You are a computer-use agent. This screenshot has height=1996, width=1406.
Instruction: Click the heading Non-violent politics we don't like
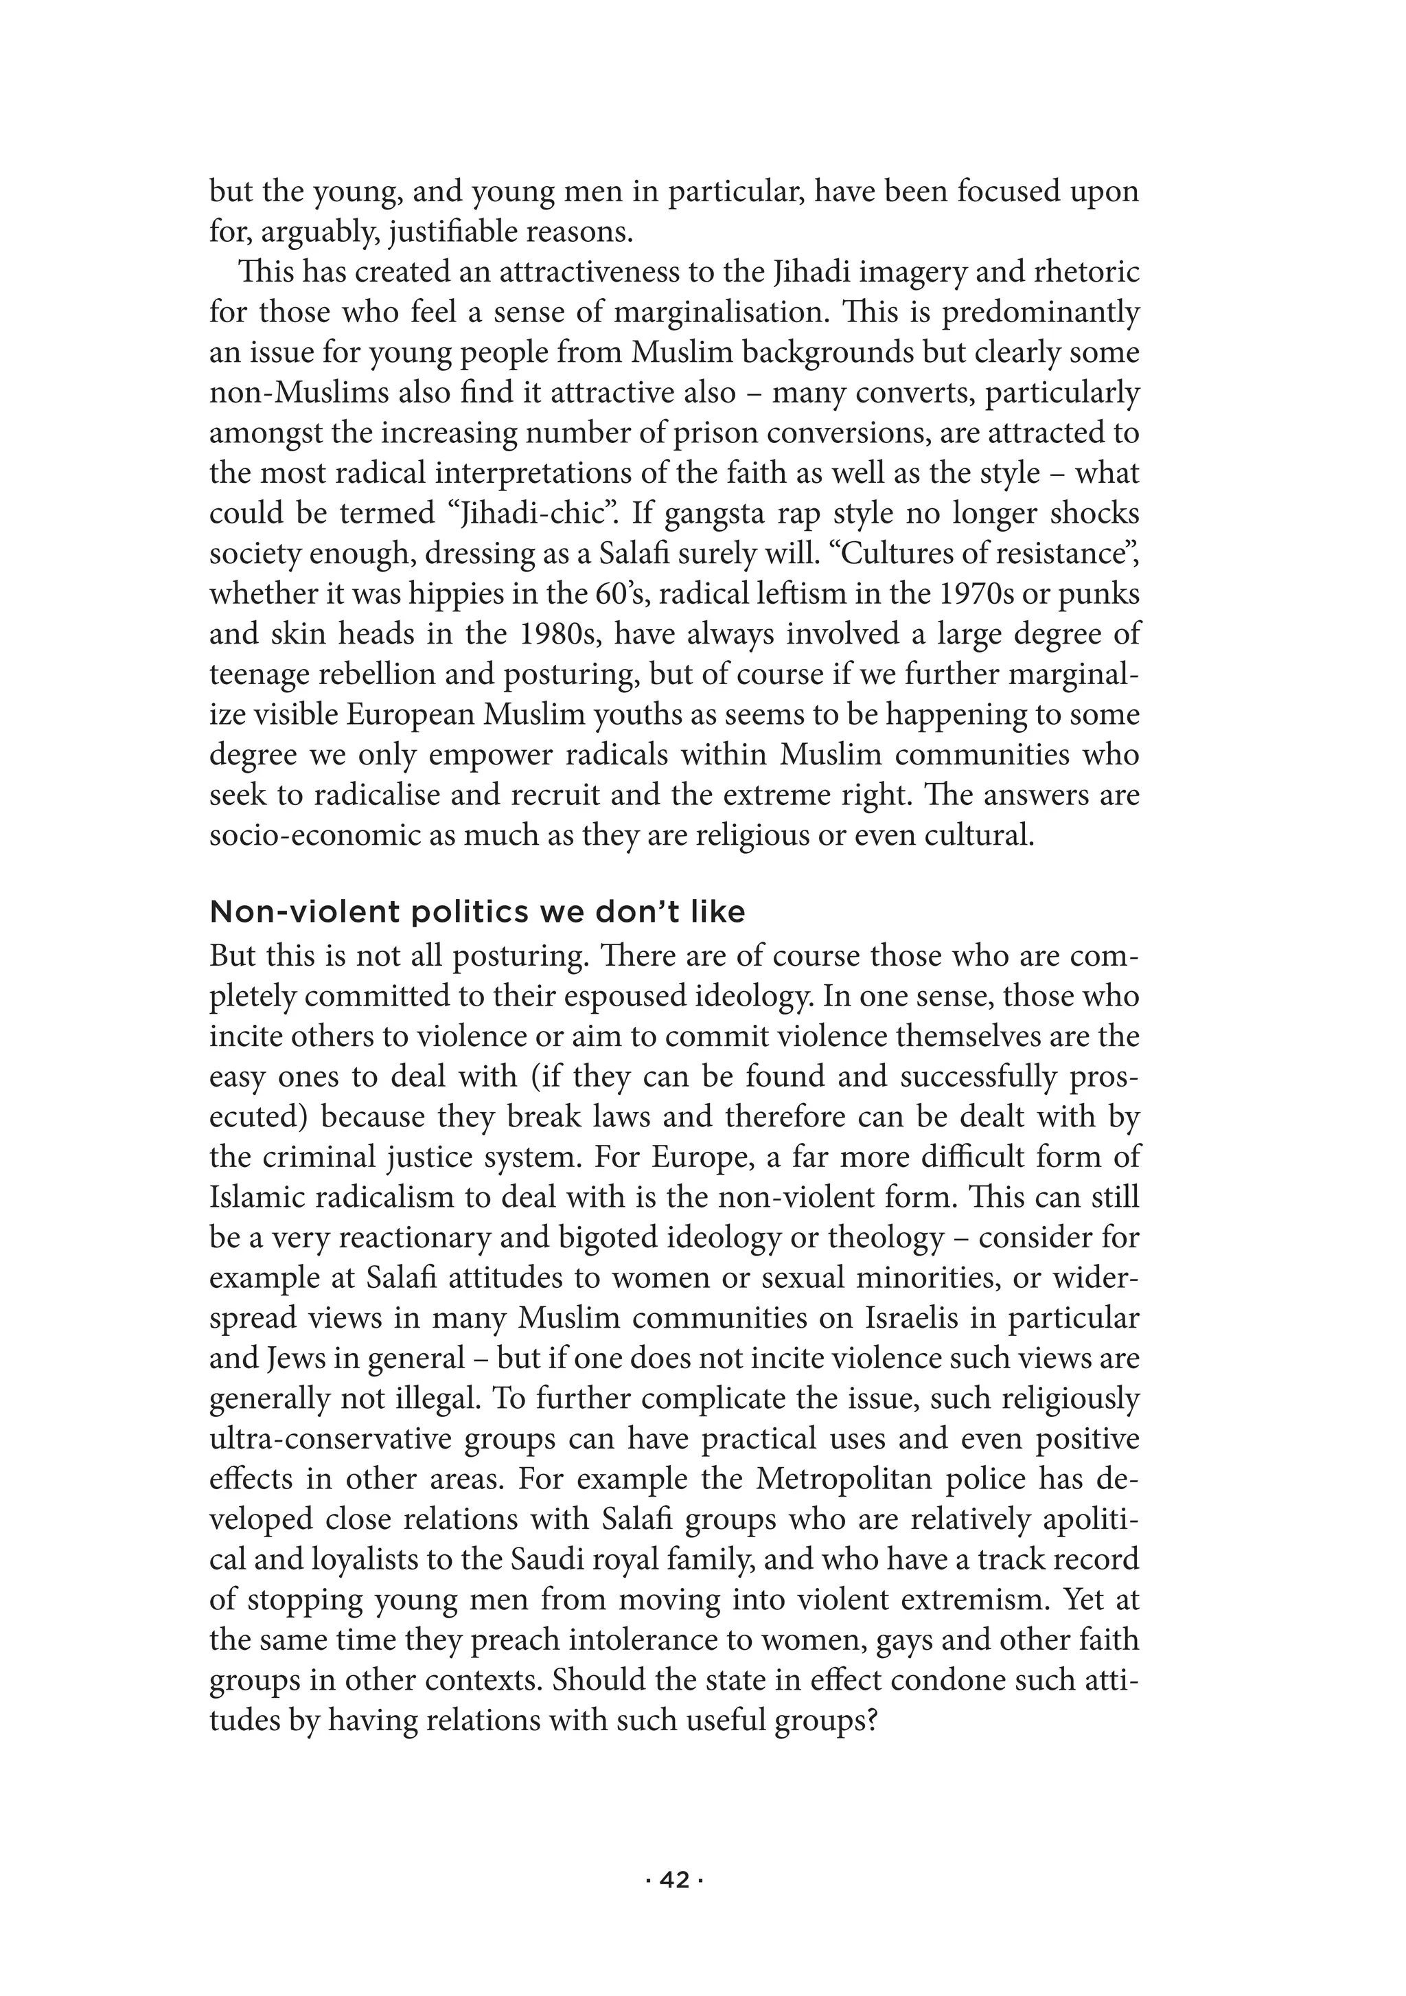(477, 912)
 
